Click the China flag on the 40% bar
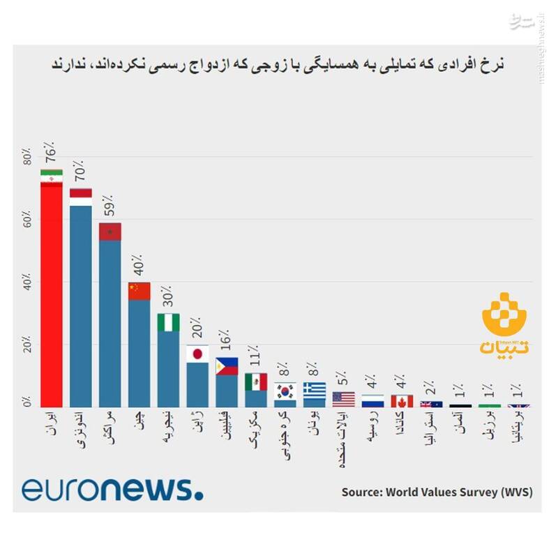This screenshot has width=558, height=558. [x=139, y=291]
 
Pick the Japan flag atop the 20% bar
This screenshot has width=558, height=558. [x=197, y=354]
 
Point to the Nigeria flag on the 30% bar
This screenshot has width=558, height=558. [x=168, y=322]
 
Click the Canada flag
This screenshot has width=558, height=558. [x=402, y=401]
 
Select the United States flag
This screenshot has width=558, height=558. [x=343, y=399]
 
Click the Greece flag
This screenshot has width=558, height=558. [x=315, y=390]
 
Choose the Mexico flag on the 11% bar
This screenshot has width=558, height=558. [x=256, y=382]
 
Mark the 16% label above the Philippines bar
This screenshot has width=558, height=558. [x=227, y=341]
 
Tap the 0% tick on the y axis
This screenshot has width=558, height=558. [x=27, y=402]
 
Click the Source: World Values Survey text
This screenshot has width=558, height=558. [x=437, y=492]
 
